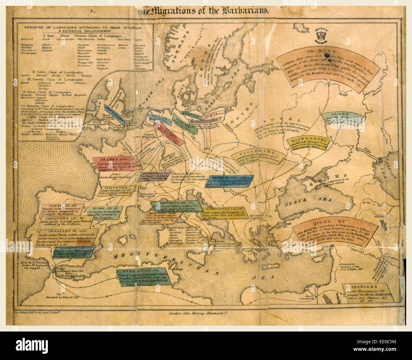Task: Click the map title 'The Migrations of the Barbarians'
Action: pyautogui.click(x=203, y=11)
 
